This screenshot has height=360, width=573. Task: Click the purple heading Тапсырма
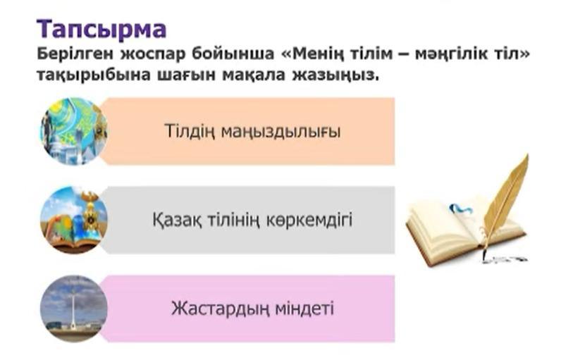(x=101, y=30)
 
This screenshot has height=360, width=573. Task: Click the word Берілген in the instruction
(x=75, y=54)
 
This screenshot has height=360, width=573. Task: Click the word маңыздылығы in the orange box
(x=281, y=132)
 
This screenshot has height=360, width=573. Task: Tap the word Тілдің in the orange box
(x=190, y=131)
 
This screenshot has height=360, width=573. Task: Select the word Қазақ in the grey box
(x=176, y=221)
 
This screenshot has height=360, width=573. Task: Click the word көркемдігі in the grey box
(x=309, y=221)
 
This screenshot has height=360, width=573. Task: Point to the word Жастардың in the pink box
(x=220, y=309)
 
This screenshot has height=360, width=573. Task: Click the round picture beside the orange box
(x=74, y=132)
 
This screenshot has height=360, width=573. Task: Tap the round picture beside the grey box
(x=74, y=221)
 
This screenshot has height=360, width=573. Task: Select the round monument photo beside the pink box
(x=74, y=309)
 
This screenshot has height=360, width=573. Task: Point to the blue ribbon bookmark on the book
(x=461, y=209)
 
